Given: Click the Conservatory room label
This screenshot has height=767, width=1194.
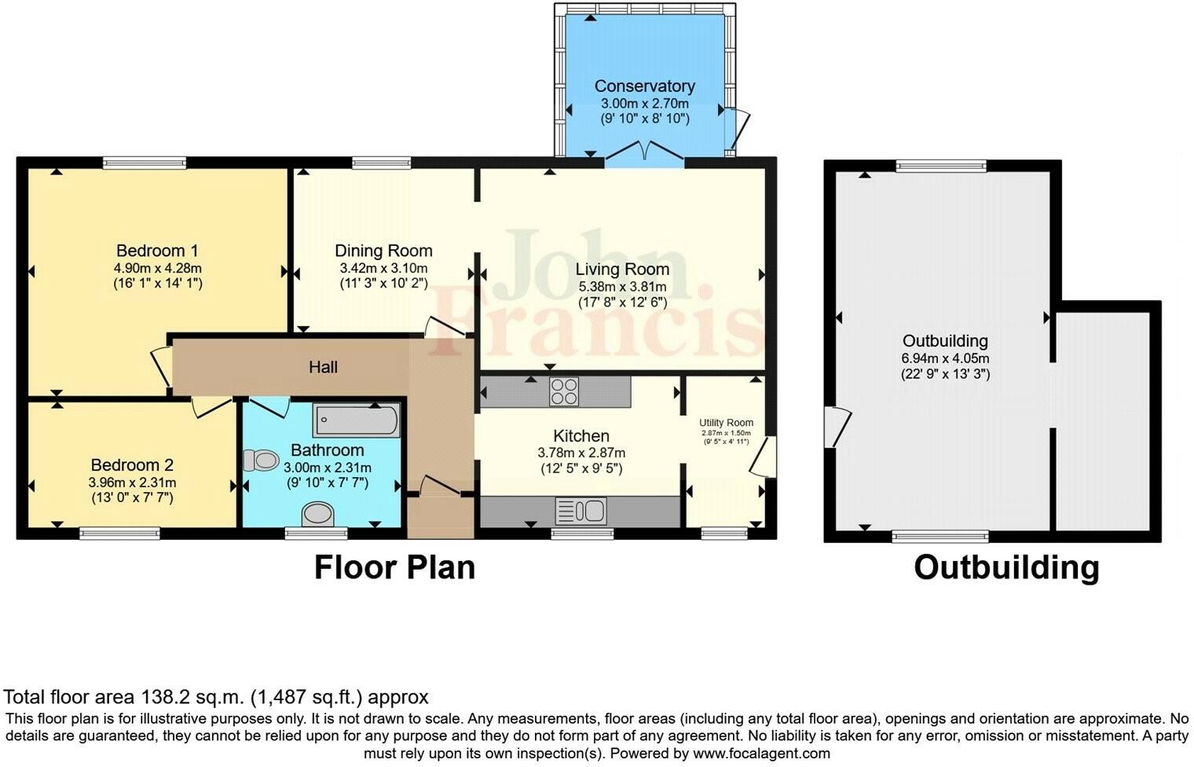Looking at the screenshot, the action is pyautogui.click(x=644, y=86).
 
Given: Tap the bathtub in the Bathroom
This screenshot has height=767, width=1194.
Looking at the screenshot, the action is pyautogui.click(x=357, y=420).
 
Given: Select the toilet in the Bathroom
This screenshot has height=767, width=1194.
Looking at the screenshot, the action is pyautogui.click(x=261, y=460).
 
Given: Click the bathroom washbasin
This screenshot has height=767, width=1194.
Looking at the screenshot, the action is pyautogui.click(x=317, y=514).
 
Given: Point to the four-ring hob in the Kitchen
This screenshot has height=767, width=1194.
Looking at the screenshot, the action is pyautogui.click(x=564, y=391).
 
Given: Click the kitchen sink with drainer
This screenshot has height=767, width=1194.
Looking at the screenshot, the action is pyautogui.click(x=580, y=511).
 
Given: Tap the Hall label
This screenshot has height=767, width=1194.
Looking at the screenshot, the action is pyautogui.click(x=323, y=367).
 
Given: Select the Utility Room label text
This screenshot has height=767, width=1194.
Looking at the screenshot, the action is pyautogui.click(x=726, y=423).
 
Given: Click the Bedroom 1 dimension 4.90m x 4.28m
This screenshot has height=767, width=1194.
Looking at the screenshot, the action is pyautogui.click(x=158, y=268).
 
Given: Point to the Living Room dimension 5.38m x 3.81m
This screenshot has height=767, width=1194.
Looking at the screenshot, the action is pyautogui.click(x=623, y=287).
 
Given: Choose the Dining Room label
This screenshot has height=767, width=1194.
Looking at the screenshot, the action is pyautogui.click(x=383, y=251).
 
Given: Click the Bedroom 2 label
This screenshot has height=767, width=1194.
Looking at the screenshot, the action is pyautogui.click(x=132, y=465).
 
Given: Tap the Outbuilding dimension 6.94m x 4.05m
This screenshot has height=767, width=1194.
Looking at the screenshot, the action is pyautogui.click(x=945, y=358).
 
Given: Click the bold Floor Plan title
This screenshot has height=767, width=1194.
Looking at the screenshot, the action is pyautogui.click(x=394, y=567).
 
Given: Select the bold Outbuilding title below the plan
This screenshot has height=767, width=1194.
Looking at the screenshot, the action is pyautogui.click(x=1006, y=567).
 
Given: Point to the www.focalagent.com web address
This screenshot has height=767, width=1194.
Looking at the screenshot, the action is pyautogui.click(x=761, y=754).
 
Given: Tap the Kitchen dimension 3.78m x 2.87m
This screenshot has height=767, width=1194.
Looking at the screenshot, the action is pyautogui.click(x=581, y=453).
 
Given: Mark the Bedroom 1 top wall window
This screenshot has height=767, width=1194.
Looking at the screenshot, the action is pyautogui.click(x=145, y=163).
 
